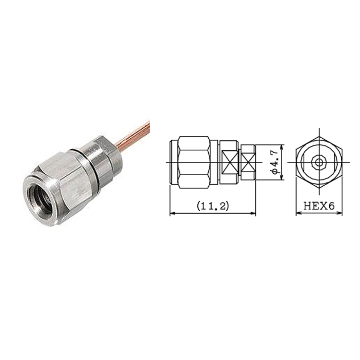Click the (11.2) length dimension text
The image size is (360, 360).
[x=213, y=206]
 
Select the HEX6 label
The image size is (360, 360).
[x=319, y=206]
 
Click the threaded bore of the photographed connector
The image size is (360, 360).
[x=42, y=200]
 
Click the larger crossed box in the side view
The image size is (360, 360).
[x=230, y=162]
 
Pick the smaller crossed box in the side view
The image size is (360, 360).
[x=249, y=162]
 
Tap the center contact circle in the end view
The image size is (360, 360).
[x=319, y=162]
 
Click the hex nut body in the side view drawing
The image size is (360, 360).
[x=194, y=162]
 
